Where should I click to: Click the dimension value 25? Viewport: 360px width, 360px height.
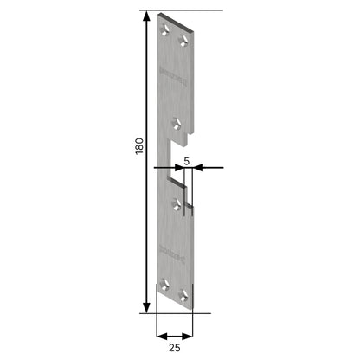click(175, 350)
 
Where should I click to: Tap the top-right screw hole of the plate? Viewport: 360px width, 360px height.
click(183, 40)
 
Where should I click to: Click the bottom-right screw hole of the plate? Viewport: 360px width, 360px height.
click(183, 295)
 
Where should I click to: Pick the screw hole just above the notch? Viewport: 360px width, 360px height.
click(177, 121)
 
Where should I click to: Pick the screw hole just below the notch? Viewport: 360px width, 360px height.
click(177, 204)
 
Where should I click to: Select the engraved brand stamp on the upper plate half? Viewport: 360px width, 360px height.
click(167, 73)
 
